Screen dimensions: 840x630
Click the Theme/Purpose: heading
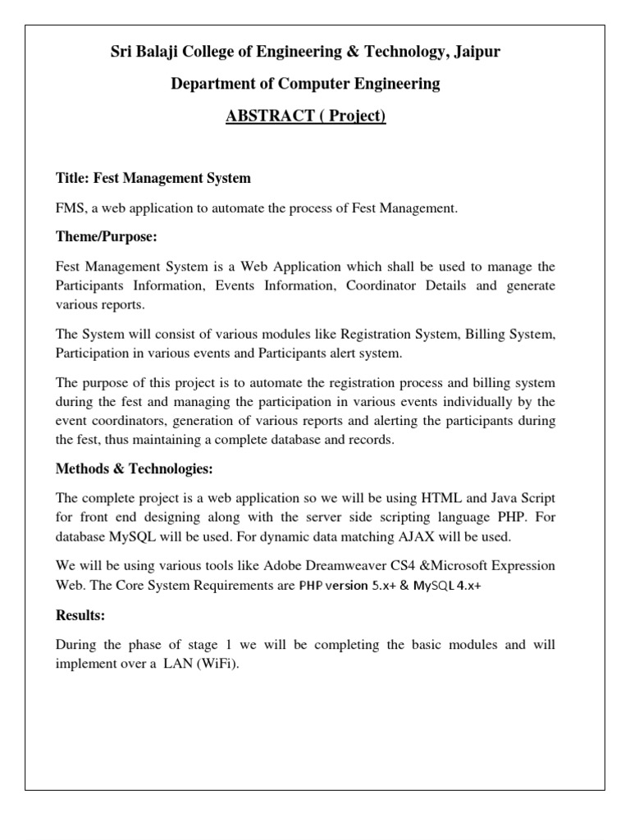point(106,237)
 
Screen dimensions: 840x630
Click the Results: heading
point(80,615)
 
